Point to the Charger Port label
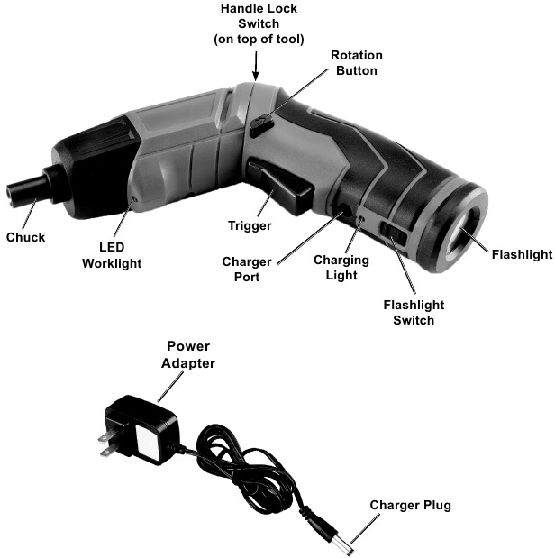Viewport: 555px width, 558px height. click(241, 270)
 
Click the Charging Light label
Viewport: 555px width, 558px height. click(341, 268)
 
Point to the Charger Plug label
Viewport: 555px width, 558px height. click(410, 505)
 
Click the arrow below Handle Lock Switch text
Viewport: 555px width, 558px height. click(256, 65)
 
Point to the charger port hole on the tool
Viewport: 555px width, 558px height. click(345, 209)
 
